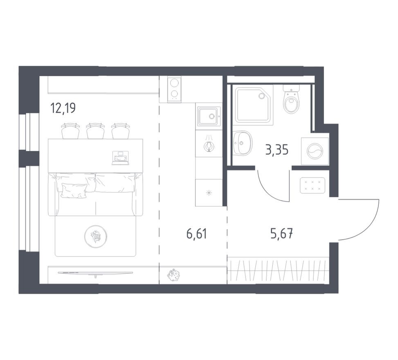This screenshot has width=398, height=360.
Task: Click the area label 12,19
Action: [63, 108]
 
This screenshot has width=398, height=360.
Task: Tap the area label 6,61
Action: [197, 234]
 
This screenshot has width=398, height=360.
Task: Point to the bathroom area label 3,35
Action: [277, 150]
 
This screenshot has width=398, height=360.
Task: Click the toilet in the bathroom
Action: [291, 100]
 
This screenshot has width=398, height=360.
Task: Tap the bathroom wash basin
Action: [243, 143]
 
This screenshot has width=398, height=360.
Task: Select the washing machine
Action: [315, 151]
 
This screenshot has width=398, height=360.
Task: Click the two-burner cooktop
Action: [175, 88]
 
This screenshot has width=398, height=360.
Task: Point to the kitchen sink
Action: [209, 117]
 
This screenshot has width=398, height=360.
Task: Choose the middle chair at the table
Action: [95, 131]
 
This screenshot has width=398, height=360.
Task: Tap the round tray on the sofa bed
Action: [96, 236]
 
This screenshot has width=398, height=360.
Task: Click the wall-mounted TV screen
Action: [95, 273]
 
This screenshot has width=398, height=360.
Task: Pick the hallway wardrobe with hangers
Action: [278, 270]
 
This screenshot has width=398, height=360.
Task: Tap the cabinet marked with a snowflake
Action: [209, 193]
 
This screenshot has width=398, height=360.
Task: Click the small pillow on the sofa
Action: [74, 190]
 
